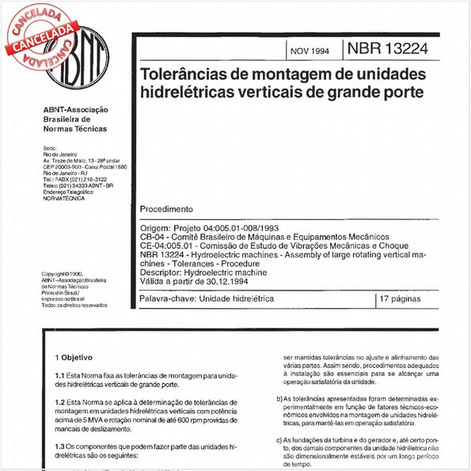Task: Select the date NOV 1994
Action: coord(307,51)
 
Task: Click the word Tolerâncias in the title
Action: coord(186,75)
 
